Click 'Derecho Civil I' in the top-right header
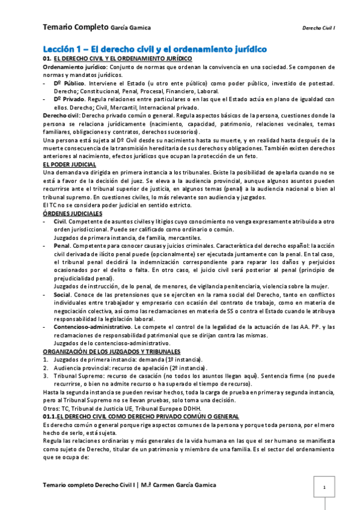(x=319, y=28)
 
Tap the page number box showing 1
(x=324, y=487)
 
